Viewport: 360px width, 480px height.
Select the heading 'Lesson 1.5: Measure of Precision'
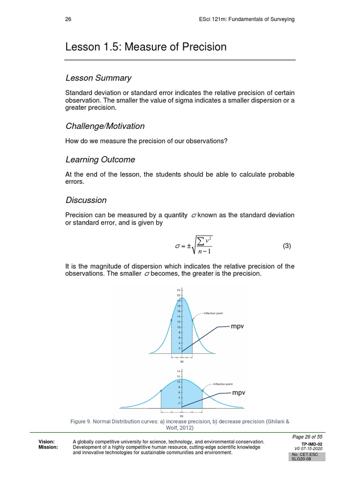click(146, 47)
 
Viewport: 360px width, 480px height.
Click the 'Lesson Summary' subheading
click(98, 78)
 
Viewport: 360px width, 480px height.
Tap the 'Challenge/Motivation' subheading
click(105, 126)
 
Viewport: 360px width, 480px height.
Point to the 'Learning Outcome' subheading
click(100, 159)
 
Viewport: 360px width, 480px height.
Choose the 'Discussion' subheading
click(86, 200)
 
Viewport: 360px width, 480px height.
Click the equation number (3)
click(287, 246)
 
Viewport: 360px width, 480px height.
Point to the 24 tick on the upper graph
click(178, 290)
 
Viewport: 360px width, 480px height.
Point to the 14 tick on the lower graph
click(178, 371)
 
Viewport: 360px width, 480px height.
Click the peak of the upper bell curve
click(182, 298)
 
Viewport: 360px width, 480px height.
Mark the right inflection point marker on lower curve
click(202, 391)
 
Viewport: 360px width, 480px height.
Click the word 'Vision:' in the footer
click(47, 442)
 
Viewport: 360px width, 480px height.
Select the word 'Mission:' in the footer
click(48, 447)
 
